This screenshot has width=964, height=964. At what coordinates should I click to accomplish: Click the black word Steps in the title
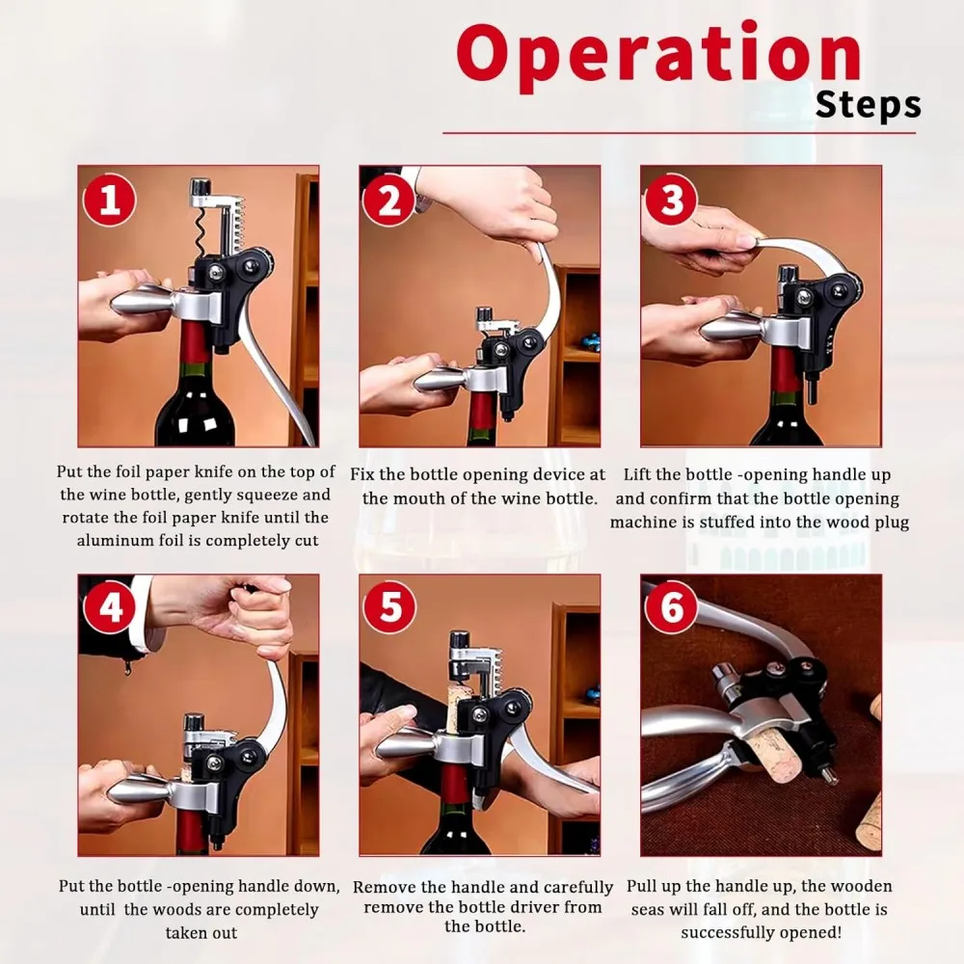(869, 105)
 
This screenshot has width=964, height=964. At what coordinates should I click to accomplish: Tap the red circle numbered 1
(110, 201)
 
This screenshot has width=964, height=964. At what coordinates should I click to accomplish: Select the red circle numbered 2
(389, 201)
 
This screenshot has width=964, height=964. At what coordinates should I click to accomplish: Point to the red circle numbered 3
(671, 201)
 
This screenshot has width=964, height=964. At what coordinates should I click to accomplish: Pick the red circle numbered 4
(110, 607)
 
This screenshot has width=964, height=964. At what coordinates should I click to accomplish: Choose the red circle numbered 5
(389, 607)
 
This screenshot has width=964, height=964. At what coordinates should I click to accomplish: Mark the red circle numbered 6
(671, 607)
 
